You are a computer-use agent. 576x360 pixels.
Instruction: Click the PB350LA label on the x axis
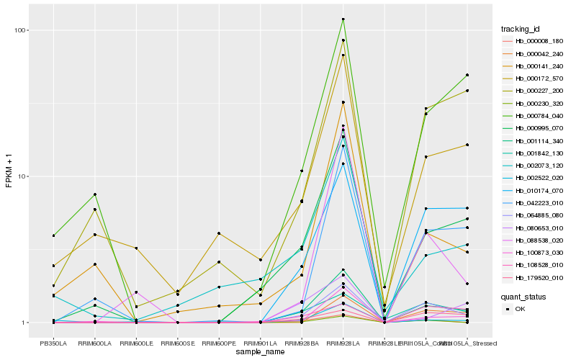tap(53, 343)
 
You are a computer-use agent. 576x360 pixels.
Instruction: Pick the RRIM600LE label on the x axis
tap(135, 343)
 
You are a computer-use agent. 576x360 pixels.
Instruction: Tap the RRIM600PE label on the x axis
tap(218, 343)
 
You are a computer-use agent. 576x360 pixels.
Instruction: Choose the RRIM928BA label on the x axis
tap(302, 343)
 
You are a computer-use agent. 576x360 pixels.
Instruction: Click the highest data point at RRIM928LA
tap(343, 19)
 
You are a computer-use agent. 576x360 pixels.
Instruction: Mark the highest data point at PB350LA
tap(53, 235)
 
